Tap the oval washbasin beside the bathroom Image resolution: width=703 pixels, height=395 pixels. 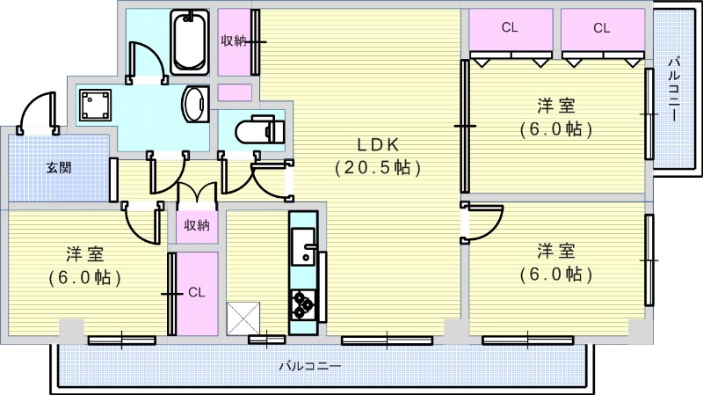[194, 106]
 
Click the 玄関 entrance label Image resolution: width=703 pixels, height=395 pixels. [59, 167]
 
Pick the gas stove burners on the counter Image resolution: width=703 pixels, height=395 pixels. [303, 304]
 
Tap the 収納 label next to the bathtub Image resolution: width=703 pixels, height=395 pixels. [233, 40]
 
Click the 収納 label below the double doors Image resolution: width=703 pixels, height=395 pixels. [197, 225]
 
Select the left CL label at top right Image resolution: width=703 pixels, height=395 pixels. [509, 27]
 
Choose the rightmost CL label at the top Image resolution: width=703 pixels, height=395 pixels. [601, 27]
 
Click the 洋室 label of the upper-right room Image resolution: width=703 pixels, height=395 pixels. [556, 106]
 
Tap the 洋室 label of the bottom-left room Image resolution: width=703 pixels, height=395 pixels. [85, 255]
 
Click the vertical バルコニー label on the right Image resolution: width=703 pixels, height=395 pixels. [673, 89]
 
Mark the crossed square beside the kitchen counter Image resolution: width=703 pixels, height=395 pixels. [243, 318]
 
